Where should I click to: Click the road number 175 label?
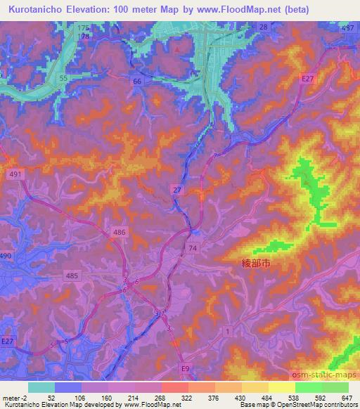84,27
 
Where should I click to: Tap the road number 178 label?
84,35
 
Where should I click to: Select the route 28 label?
263,27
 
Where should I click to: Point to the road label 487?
347,27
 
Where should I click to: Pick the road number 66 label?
137,82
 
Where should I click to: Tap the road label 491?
14,173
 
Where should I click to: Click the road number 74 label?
193,248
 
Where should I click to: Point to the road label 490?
5,257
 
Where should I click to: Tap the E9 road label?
186,368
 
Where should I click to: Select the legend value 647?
346,397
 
